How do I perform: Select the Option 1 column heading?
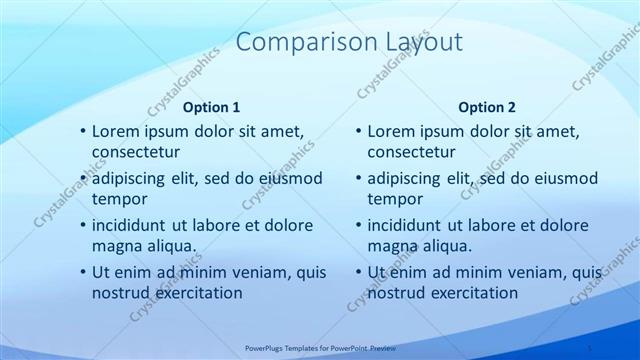[212, 107]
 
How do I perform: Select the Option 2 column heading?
[487, 107]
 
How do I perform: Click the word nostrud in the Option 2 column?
[396, 293]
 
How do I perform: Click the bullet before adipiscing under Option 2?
[357, 179]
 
